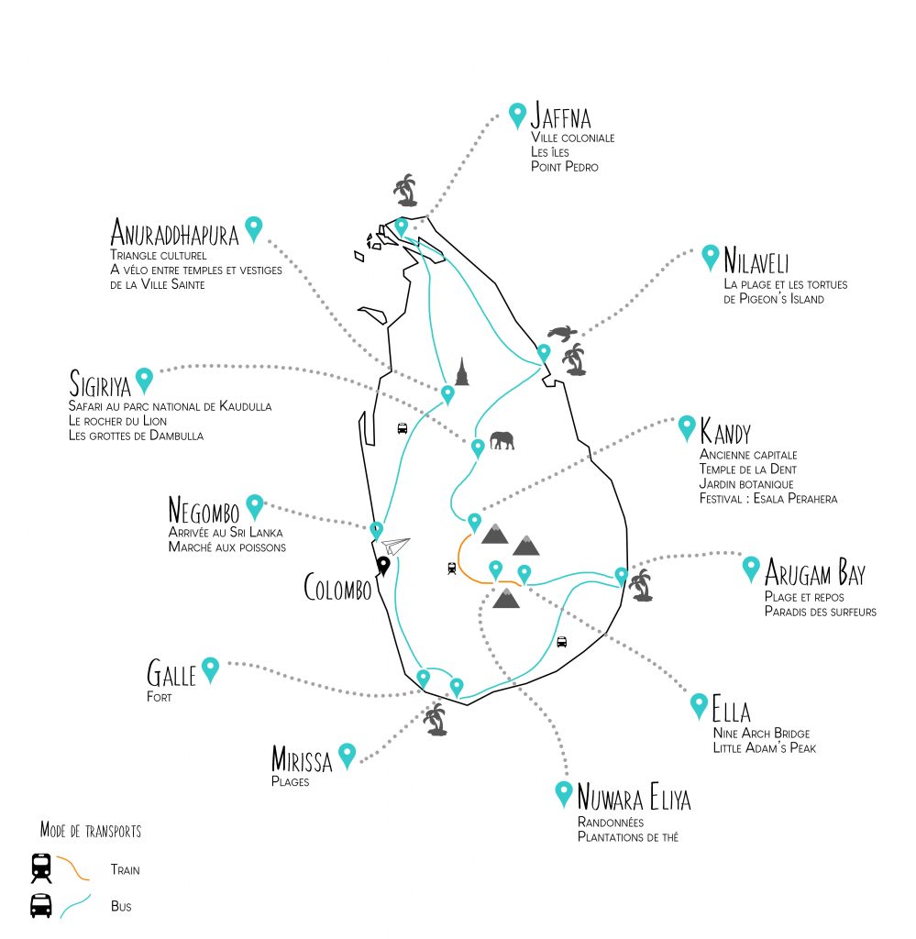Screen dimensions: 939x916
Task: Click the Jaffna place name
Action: (x=560, y=118)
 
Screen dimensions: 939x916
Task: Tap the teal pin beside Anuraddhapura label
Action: (x=254, y=227)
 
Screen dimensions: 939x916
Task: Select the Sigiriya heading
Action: (x=99, y=382)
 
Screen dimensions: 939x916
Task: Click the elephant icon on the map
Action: (x=502, y=441)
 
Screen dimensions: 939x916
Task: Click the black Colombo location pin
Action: (x=384, y=565)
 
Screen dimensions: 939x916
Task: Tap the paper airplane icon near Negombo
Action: (x=395, y=546)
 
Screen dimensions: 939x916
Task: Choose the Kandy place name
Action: (x=724, y=431)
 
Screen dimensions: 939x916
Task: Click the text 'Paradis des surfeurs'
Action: (x=820, y=612)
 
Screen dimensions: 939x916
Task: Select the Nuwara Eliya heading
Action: (x=634, y=798)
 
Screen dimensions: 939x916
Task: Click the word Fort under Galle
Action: (x=159, y=697)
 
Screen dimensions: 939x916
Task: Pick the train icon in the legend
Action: (x=41, y=867)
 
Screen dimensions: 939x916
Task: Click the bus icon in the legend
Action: (x=41, y=906)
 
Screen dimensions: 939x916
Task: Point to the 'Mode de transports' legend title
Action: (x=90, y=831)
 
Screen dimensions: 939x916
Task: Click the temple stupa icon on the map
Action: (x=461, y=370)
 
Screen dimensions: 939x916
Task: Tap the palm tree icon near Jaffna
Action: (x=405, y=192)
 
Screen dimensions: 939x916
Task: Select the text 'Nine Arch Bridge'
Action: (x=760, y=734)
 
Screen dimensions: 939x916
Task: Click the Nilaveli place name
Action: (x=756, y=260)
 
